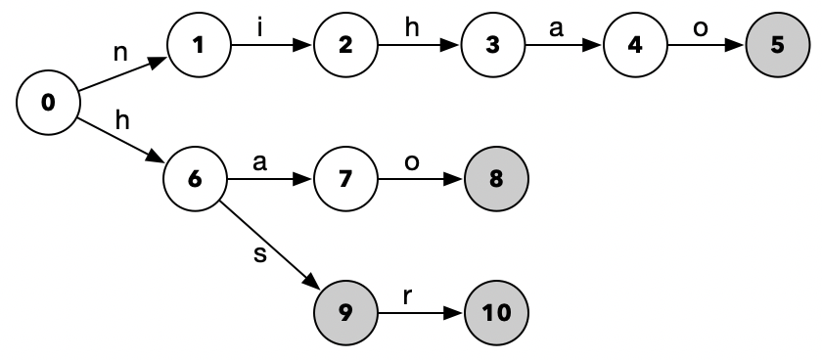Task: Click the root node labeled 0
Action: pyautogui.click(x=48, y=102)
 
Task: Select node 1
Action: pyautogui.click(x=198, y=46)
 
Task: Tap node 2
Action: pyautogui.click(x=345, y=46)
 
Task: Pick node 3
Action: pyautogui.click(x=491, y=46)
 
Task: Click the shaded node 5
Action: pyautogui.click(x=778, y=46)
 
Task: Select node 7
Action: pyautogui.click(x=345, y=179)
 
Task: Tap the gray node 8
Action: pyautogui.click(x=495, y=179)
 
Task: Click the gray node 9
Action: pyautogui.click(x=345, y=313)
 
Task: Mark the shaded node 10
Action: pyautogui.click(x=495, y=313)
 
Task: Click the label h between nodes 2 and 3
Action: pyautogui.click(x=411, y=26)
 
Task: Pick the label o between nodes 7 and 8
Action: pyautogui.click(x=412, y=161)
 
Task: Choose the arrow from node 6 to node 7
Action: pyautogui.click(x=270, y=179)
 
